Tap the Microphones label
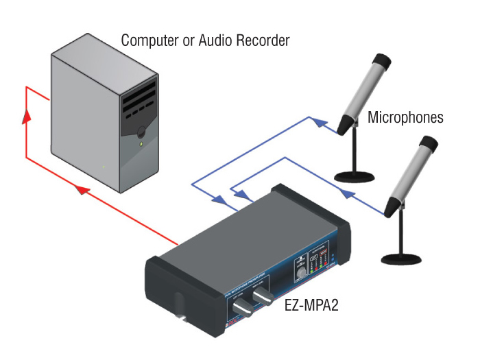click(x=405, y=117)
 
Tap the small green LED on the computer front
click(x=142, y=145)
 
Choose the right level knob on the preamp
click(x=264, y=296)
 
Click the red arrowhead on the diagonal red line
click(x=80, y=189)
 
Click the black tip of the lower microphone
click(x=429, y=143)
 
